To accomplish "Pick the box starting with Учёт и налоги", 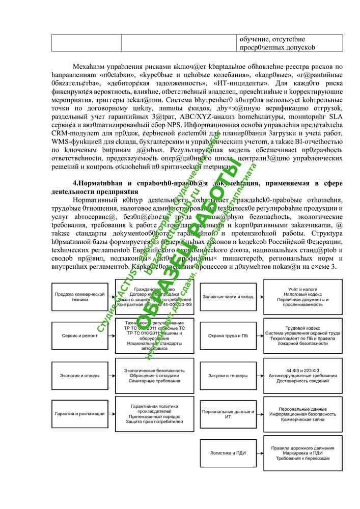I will (x=299, y=296).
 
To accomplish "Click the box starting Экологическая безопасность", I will (x=154, y=373).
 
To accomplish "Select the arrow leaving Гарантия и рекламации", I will (x=111, y=414).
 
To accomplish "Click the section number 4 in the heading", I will (x=75, y=183).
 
